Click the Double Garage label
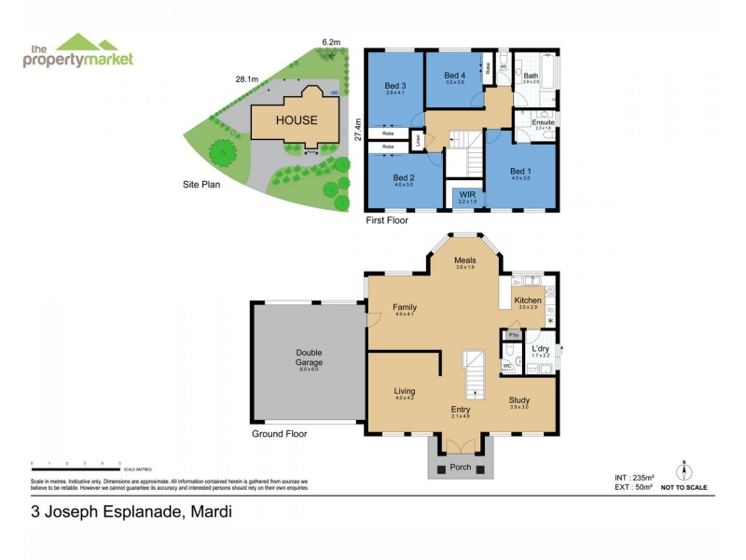click(x=309, y=357)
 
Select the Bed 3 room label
click(x=395, y=87)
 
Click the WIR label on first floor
click(x=466, y=196)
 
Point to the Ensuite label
click(x=544, y=122)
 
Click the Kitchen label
click(x=529, y=301)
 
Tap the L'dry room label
click(x=541, y=349)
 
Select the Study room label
click(x=519, y=400)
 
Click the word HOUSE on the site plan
click(x=296, y=120)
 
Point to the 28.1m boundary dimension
click(x=247, y=79)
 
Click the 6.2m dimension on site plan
click(x=330, y=42)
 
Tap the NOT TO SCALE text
click(x=684, y=487)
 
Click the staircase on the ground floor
click(x=475, y=373)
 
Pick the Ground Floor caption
click(x=280, y=434)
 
